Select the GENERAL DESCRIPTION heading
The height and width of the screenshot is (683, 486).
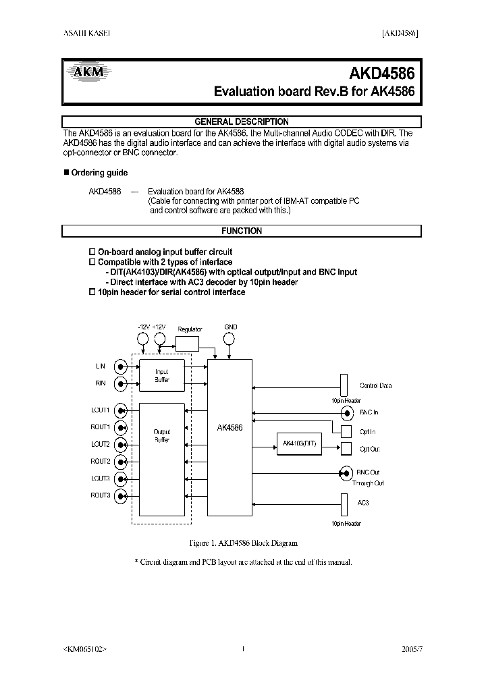coord(242,122)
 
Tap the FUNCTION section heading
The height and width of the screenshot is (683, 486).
coord(242,231)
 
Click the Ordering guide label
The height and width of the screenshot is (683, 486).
coord(99,173)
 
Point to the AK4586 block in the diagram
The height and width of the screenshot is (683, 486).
coord(230,427)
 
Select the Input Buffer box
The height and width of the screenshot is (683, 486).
coord(161,375)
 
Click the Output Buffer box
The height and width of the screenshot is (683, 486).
coord(161,459)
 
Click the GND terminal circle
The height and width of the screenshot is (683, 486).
coord(230,339)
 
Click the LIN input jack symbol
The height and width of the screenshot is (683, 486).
coord(121,366)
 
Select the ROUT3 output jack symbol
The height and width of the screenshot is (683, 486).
coord(121,496)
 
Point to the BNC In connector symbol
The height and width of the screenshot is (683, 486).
coord(347,412)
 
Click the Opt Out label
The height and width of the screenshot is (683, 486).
coord(371,449)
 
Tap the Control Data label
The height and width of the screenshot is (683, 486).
coord(375,386)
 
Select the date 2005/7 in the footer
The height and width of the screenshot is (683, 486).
coord(411,649)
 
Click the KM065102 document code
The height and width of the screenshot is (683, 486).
coord(84,649)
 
